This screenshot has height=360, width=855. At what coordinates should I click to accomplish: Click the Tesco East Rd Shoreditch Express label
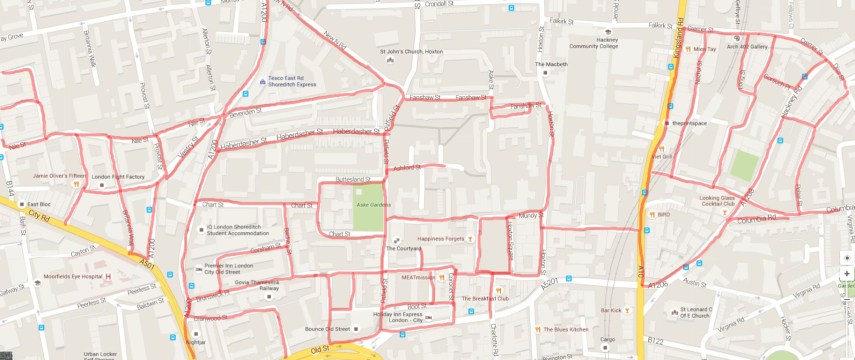290,82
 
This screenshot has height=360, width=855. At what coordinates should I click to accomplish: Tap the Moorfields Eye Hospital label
73,276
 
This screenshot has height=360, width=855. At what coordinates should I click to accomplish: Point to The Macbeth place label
552,64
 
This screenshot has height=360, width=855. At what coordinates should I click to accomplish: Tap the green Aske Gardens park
368,205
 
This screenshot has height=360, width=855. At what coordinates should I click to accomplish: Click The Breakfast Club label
492,298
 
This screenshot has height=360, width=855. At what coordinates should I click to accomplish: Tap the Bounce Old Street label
327,328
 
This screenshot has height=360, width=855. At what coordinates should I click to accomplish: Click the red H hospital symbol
108,276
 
